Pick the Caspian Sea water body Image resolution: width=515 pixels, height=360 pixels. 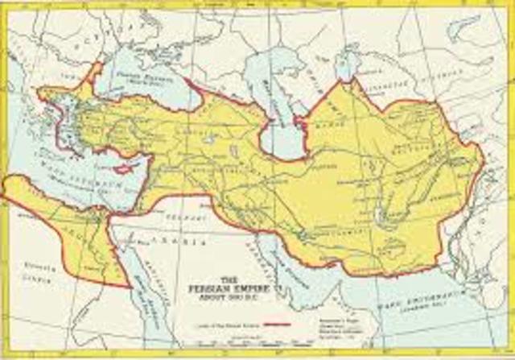coord(285,121)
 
